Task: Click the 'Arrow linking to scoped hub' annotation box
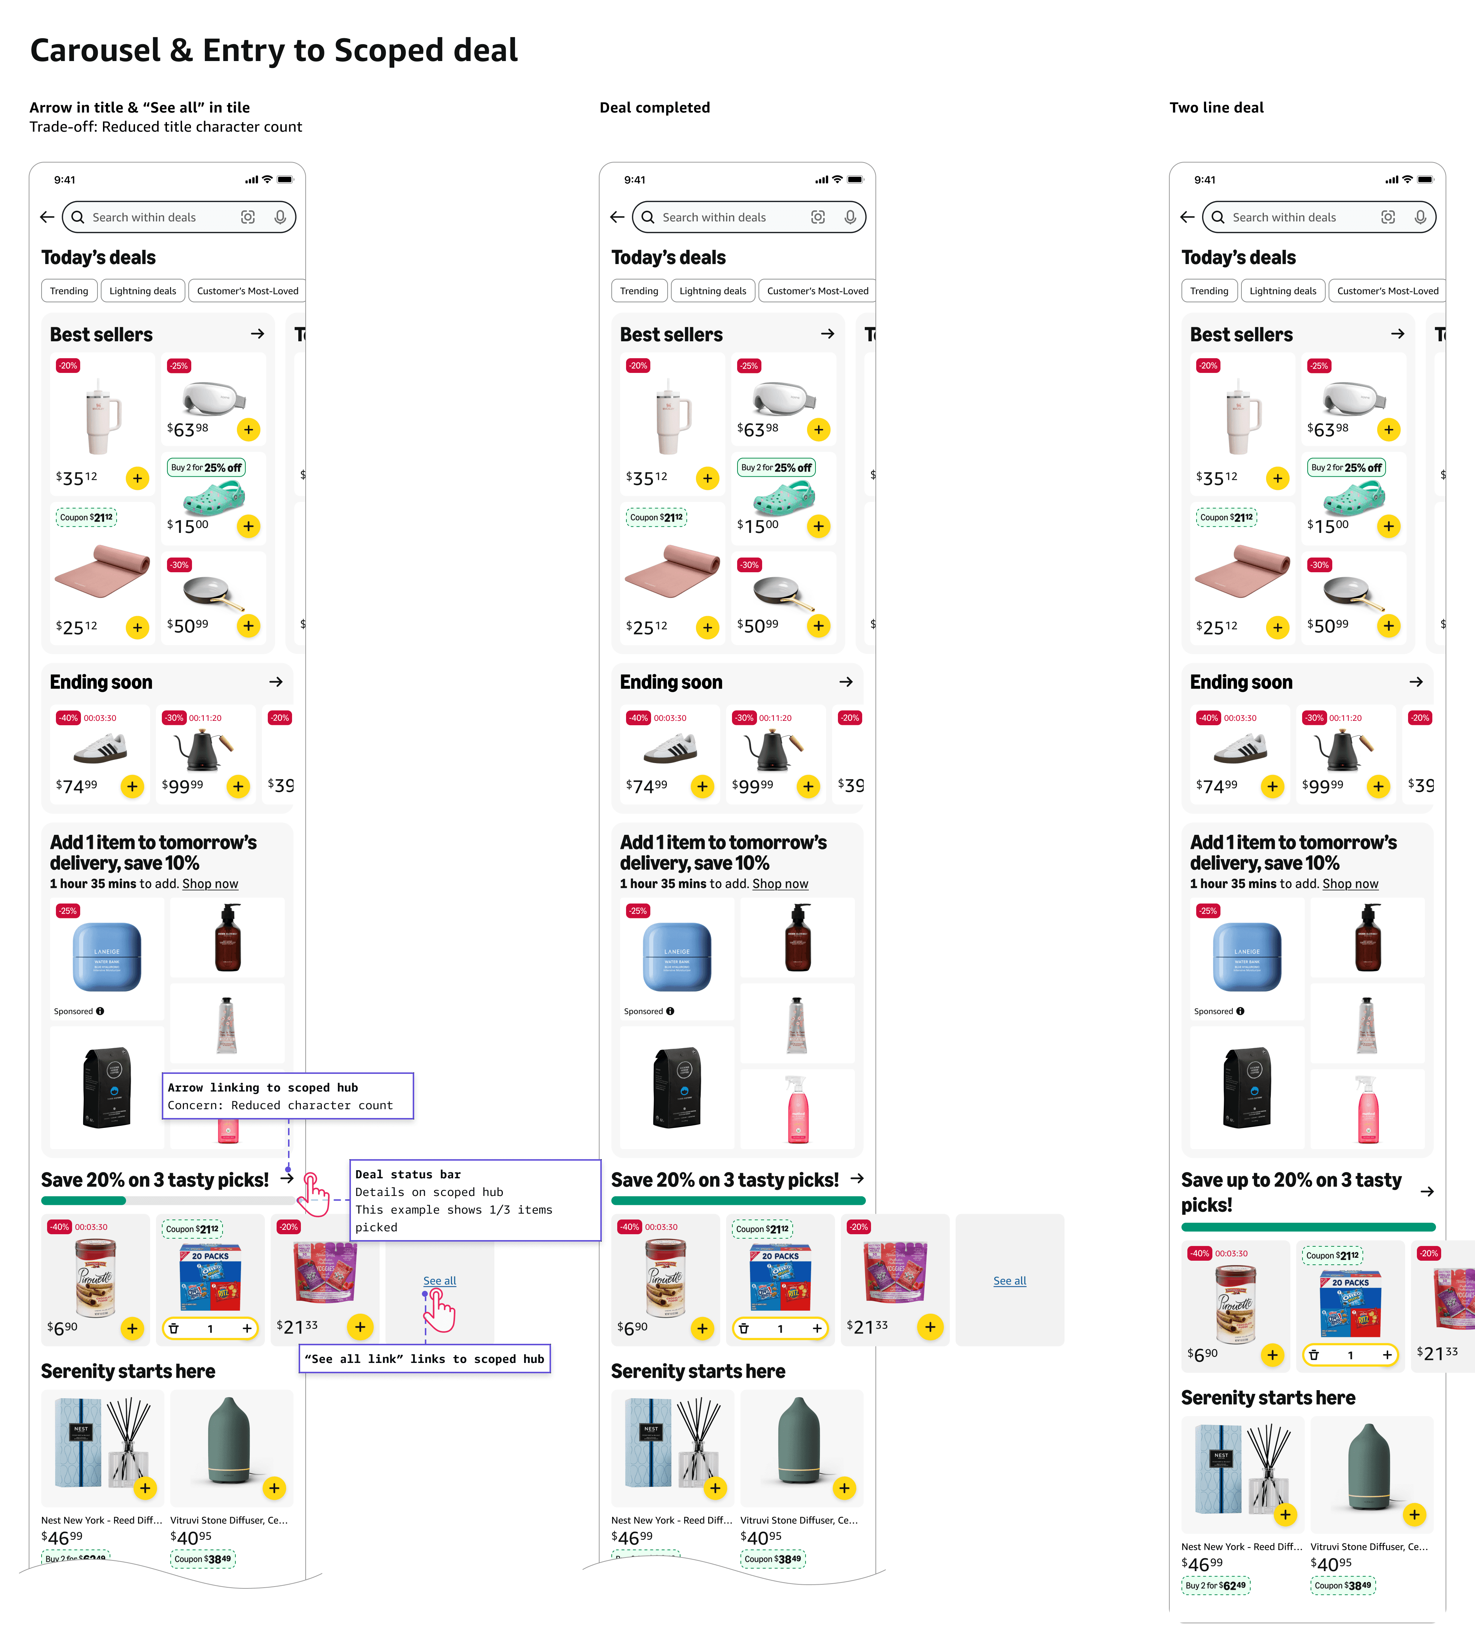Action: pyautogui.click(x=288, y=1096)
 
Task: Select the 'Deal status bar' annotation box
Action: pyautogui.click(x=475, y=1200)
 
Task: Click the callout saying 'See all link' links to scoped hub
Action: pyautogui.click(x=425, y=1359)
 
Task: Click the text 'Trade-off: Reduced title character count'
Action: pyautogui.click(x=165, y=127)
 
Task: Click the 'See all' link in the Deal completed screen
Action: pyautogui.click(x=1009, y=1281)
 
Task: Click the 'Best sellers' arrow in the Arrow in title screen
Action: pyautogui.click(x=258, y=334)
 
